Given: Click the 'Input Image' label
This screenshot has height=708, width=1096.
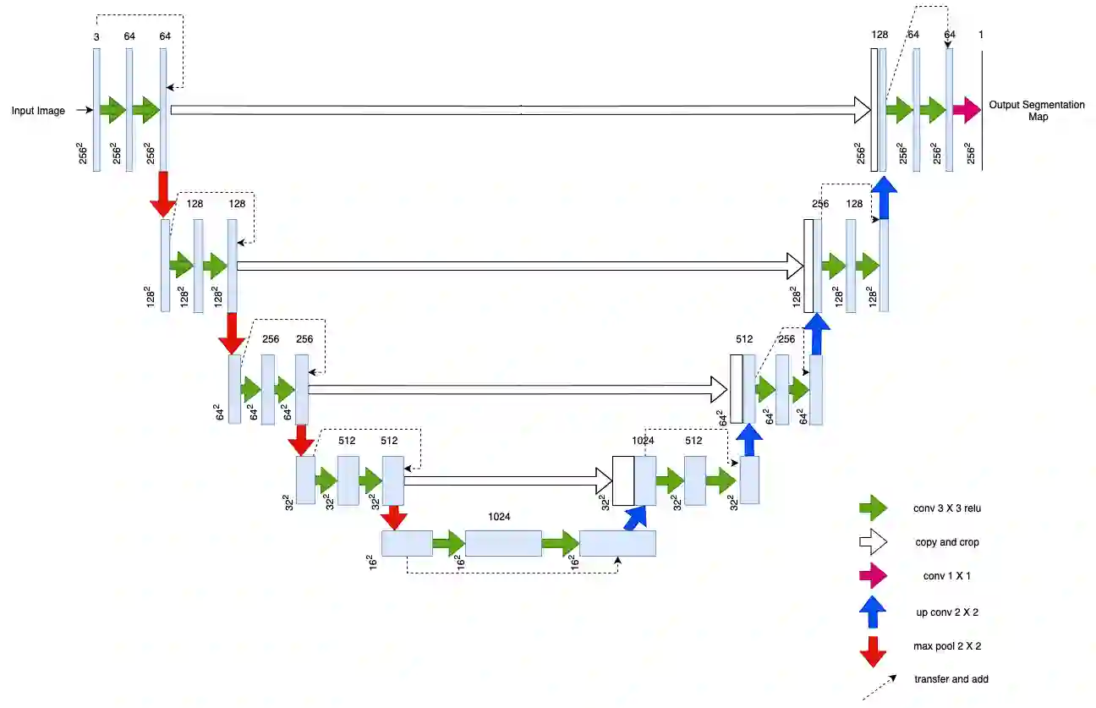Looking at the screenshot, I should point(38,111).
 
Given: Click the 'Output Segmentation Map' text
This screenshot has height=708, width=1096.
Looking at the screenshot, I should point(1037,111).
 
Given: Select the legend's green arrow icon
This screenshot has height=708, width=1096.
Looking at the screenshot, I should point(873,508).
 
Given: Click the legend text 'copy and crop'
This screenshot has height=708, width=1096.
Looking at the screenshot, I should point(946,542).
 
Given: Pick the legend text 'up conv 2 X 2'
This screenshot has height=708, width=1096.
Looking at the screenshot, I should point(946,611).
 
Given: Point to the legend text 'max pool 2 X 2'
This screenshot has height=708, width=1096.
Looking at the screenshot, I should point(947,645).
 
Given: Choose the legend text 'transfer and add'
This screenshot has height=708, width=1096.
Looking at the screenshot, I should point(951,679).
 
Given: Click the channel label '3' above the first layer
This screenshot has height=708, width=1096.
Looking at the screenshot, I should point(96,36).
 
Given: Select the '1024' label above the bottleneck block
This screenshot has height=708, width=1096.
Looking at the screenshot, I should point(500,516).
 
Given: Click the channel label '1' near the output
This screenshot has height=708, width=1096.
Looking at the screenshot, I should point(981,35).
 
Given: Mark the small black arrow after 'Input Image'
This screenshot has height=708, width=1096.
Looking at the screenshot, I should point(82,110).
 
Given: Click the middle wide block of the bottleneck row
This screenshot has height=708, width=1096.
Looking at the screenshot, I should point(503,543).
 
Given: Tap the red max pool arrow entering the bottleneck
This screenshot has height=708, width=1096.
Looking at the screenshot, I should point(394,517).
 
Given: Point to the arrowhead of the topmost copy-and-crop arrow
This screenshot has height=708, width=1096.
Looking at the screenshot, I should point(862,109).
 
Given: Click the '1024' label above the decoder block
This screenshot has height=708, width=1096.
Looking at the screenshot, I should point(644,441).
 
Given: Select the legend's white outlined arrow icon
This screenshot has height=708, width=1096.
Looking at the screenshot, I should point(873,542).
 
